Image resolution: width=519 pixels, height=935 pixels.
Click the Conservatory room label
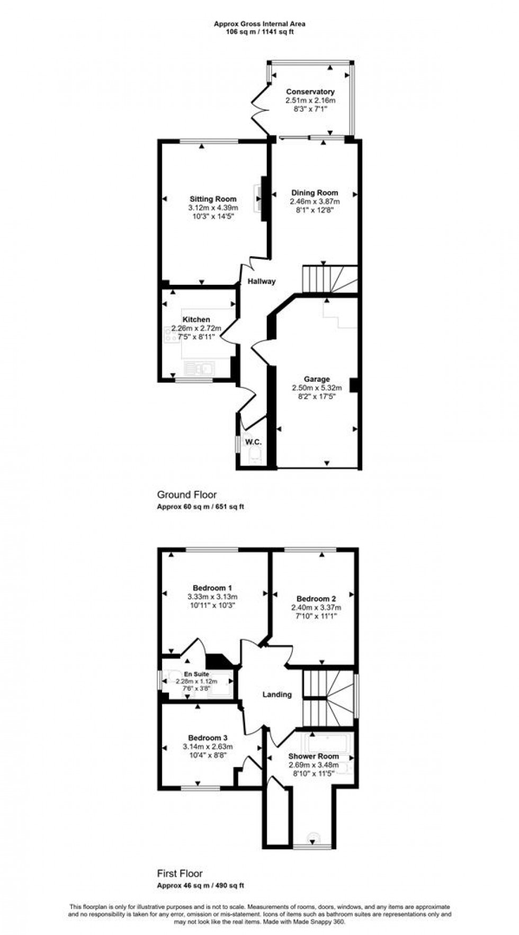click(310, 92)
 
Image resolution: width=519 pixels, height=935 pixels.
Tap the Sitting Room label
click(213, 199)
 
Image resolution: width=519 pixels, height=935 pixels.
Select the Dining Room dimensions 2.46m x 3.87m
click(315, 202)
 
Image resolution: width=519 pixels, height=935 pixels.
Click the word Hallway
click(262, 281)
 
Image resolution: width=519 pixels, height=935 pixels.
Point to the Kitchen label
click(196, 319)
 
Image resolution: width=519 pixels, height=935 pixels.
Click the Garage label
click(317, 379)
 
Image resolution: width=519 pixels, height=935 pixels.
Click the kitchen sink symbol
click(199, 368)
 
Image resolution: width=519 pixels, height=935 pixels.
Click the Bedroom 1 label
click(212, 588)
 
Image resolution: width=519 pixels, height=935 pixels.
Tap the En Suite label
click(196, 674)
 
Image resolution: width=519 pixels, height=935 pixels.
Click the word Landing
click(277, 694)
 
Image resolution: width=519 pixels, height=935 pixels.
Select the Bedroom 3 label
click(208, 738)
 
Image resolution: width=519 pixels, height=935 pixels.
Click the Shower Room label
click(314, 756)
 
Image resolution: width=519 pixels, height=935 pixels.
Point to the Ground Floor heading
click(187, 495)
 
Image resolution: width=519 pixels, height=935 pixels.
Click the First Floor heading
click(180, 873)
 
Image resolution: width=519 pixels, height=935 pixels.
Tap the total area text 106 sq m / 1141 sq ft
click(259, 32)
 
